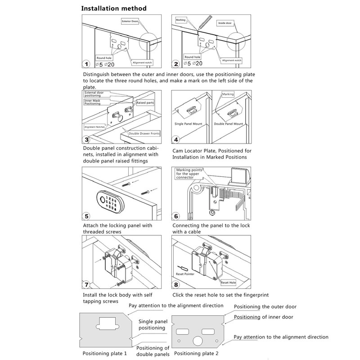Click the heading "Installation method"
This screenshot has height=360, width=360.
click(113, 9)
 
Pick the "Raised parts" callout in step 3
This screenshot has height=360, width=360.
click(144, 103)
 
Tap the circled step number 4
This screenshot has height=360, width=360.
click(177, 139)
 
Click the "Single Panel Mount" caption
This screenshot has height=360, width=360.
click(188, 124)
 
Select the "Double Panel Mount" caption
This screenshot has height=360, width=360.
click(229, 124)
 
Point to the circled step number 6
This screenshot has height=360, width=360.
click(177, 216)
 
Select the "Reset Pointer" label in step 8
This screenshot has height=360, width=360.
click(185, 273)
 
